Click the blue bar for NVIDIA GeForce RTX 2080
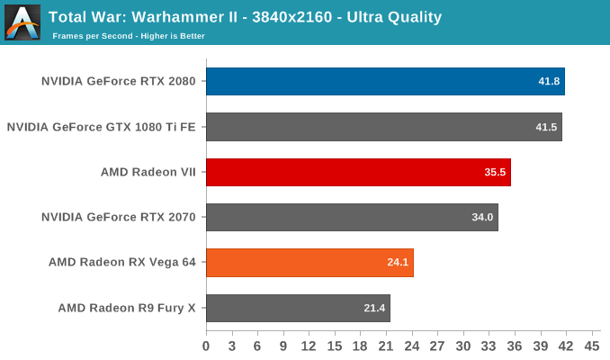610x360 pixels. [x=385, y=81]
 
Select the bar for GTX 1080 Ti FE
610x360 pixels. [x=384, y=127]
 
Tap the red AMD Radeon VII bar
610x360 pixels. [x=358, y=172]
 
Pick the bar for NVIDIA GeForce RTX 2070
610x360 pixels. [x=352, y=217]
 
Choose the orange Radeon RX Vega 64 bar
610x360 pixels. [x=309, y=263]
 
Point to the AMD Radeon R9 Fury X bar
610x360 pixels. [x=298, y=308]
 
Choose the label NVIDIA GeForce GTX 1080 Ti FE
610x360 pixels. [x=102, y=127]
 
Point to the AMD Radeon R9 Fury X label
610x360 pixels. [x=128, y=308]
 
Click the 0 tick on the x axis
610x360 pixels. [x=206, y=346]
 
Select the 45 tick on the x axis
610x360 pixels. [x=592, y=346]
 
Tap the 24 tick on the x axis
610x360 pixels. [x=412, y=346]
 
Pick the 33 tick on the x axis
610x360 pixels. [x=489, y=346]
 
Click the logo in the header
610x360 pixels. [x=22, y=22]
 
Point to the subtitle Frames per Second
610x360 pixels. [x=94, y=36]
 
